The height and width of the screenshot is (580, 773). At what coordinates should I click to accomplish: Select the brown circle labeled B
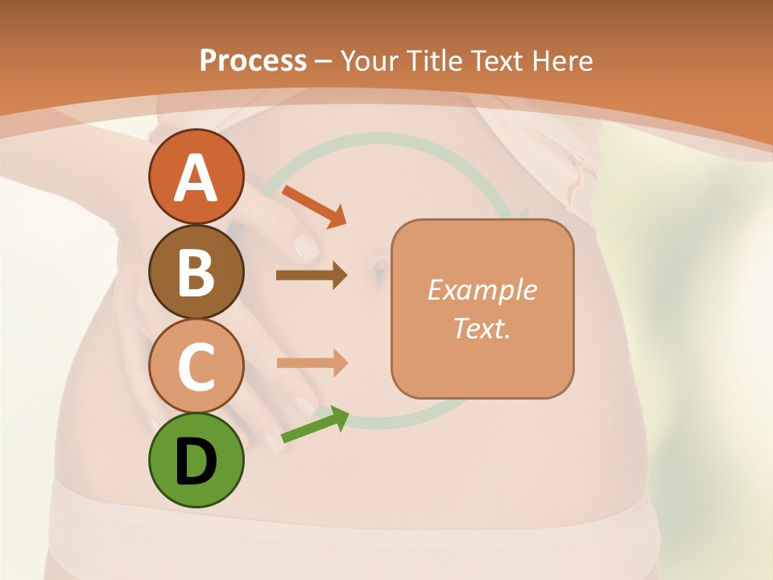pyautogui.click(x=196, y=272)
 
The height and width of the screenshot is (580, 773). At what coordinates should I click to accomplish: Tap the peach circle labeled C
pyautogui.click(x=196, y=366)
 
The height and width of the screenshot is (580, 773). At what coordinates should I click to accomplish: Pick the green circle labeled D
pyautogui.click(x=196, y=460)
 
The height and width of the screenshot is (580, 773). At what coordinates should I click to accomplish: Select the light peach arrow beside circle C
pyautogui.click(x=312, y=362)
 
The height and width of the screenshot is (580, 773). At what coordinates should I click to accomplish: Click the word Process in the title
pyautogui.click(x=253, y=60)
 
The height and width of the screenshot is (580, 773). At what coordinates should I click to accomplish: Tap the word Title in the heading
pyautogui.click(x=435, y=60)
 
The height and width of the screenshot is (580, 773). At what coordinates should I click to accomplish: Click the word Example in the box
pyautogui.click(x=482, y=290)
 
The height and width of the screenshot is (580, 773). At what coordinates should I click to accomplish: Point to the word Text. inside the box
pyautogui.click(x=482, y=328)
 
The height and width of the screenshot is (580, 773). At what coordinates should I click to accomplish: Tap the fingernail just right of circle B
pyautogui.click(x=305, y=245)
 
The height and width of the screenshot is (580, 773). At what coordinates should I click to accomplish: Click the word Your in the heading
pyautogui.click(x=371, y=60)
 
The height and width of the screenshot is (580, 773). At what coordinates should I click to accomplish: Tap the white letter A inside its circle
pyautogui.click(x=196, y=178)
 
